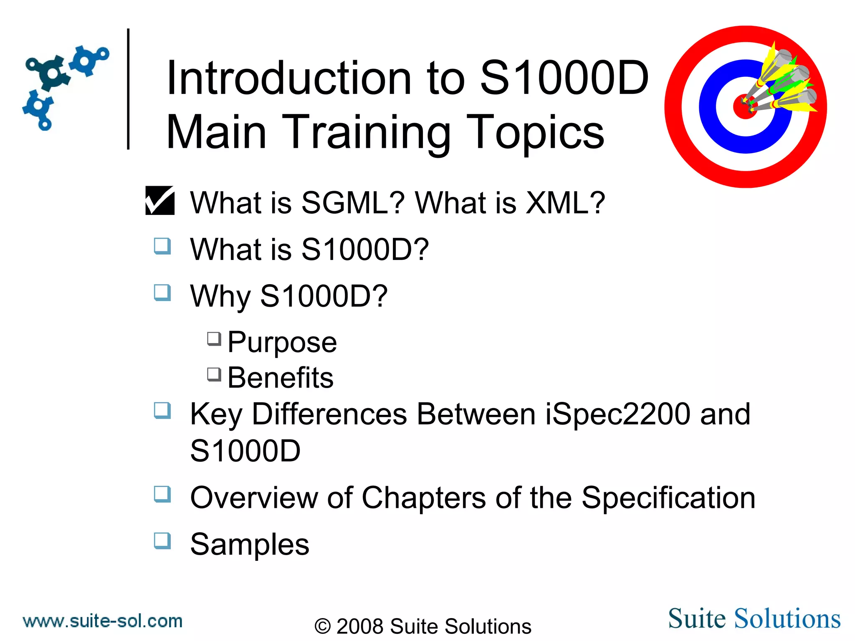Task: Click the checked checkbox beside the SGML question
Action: pyautogui.click(x=160, y=200)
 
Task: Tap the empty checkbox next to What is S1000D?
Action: pyautogui.click(x=162, y=246)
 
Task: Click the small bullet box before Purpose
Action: pyautogui.click(x=214, y=338)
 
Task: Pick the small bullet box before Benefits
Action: pyautogui.click(x=214, y=374)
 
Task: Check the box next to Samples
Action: pyautogui.click(x=162, y=540)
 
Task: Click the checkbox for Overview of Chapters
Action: pyautogui.click(x=162, y=494)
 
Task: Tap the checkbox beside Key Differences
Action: pyautogui.click(x=162, y=410)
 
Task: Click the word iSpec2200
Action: pyautogui.click(x=617, y=414)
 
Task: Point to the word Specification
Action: pyautogui.click(x=668, y=498)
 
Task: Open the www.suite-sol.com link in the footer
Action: pyautogui.click(x=103, y=621)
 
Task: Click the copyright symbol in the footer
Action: pyautogui.click(x=322, y=626)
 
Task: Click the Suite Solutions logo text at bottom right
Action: pyautogui.click(x=754, y=618)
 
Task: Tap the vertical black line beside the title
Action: pyautogui.click(x=128, y=88)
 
